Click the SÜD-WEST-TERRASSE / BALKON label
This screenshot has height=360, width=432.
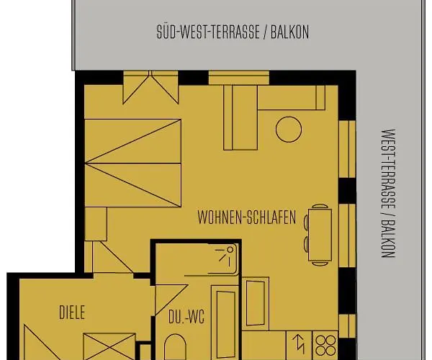(233, 32)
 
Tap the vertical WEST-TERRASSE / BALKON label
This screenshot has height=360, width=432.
(388, 193)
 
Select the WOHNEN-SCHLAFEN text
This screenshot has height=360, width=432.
(246, 217)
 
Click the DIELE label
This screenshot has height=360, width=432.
(72, 312)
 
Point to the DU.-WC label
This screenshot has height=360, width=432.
(186, 317)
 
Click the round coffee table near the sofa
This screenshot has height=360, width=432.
(289, 130)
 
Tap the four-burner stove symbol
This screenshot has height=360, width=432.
(325, 346)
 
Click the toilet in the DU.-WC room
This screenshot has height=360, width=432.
(175, 347)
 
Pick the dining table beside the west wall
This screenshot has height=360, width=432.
(320, 235)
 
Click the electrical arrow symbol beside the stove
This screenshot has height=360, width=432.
(300, 344)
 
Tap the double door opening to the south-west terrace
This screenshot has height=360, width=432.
(150, 87)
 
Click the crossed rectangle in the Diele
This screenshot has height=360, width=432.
(109, 346)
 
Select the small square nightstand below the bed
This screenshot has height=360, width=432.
(96, 224)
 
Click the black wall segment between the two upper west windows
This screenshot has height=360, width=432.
(347, 191)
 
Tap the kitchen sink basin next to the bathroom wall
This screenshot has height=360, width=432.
(256, 303)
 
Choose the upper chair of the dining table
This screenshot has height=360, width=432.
(320, 207)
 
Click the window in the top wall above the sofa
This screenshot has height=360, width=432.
(239, 78)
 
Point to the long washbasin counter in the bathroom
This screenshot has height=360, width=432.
(225, 323)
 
